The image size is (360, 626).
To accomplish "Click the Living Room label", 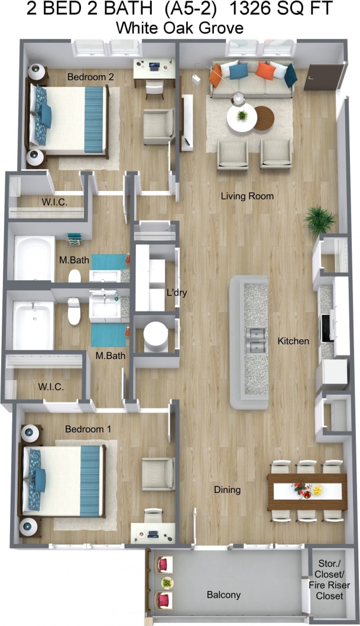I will point(247,196).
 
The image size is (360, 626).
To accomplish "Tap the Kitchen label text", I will point(293,341).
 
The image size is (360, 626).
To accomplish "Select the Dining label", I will point(228,489).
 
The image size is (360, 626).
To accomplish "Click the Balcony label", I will point(223,595).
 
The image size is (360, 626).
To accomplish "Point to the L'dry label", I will point(177,292).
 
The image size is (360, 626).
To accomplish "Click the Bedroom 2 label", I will point(90,77).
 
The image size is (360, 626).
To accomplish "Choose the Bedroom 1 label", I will point(88,429).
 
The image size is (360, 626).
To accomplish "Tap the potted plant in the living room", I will point(320,220).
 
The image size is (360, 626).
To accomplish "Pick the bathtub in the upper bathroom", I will point(34,258).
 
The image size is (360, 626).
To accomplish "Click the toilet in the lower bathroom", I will point(74,311).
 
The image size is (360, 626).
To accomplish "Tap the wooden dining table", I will point(307,491).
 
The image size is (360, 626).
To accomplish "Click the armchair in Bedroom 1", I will point(158,474).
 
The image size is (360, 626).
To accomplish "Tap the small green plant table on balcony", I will point(167,582).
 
